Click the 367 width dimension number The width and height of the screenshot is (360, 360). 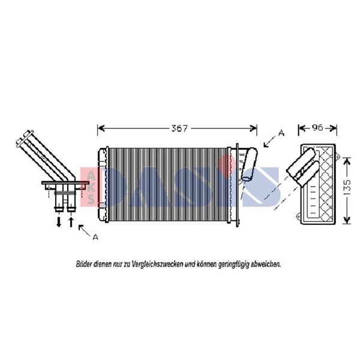[x=179, y=128]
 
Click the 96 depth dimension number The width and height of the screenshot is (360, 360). [x=317, y=127]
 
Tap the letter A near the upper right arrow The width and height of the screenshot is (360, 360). [x=281, y=133]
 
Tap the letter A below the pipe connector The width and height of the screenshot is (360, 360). [x=95, y=237]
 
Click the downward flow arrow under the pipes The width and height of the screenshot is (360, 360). [x=59, y=222]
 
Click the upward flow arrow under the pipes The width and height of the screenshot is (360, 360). [x=71, y=221]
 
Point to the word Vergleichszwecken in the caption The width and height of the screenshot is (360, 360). [x=158, y=265]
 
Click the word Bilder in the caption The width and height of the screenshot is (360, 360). [x=84, y=264]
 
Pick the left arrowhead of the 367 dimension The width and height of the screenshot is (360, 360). [x=101, y=128]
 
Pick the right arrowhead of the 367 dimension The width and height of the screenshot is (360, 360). [x=253, y=128]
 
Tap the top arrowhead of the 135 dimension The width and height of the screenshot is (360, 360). [x=347, y=161]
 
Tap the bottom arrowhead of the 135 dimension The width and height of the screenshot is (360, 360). [x=347, y=220]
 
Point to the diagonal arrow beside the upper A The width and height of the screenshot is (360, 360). [x=270, y=141]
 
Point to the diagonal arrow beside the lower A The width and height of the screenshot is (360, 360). [x=85, y=230]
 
